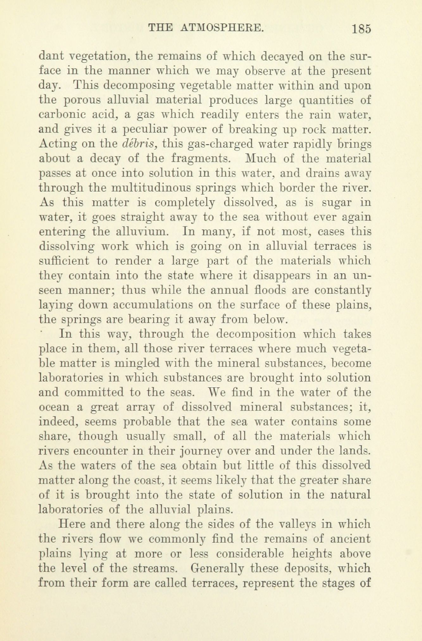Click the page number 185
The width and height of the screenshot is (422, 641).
click(361, 29)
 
